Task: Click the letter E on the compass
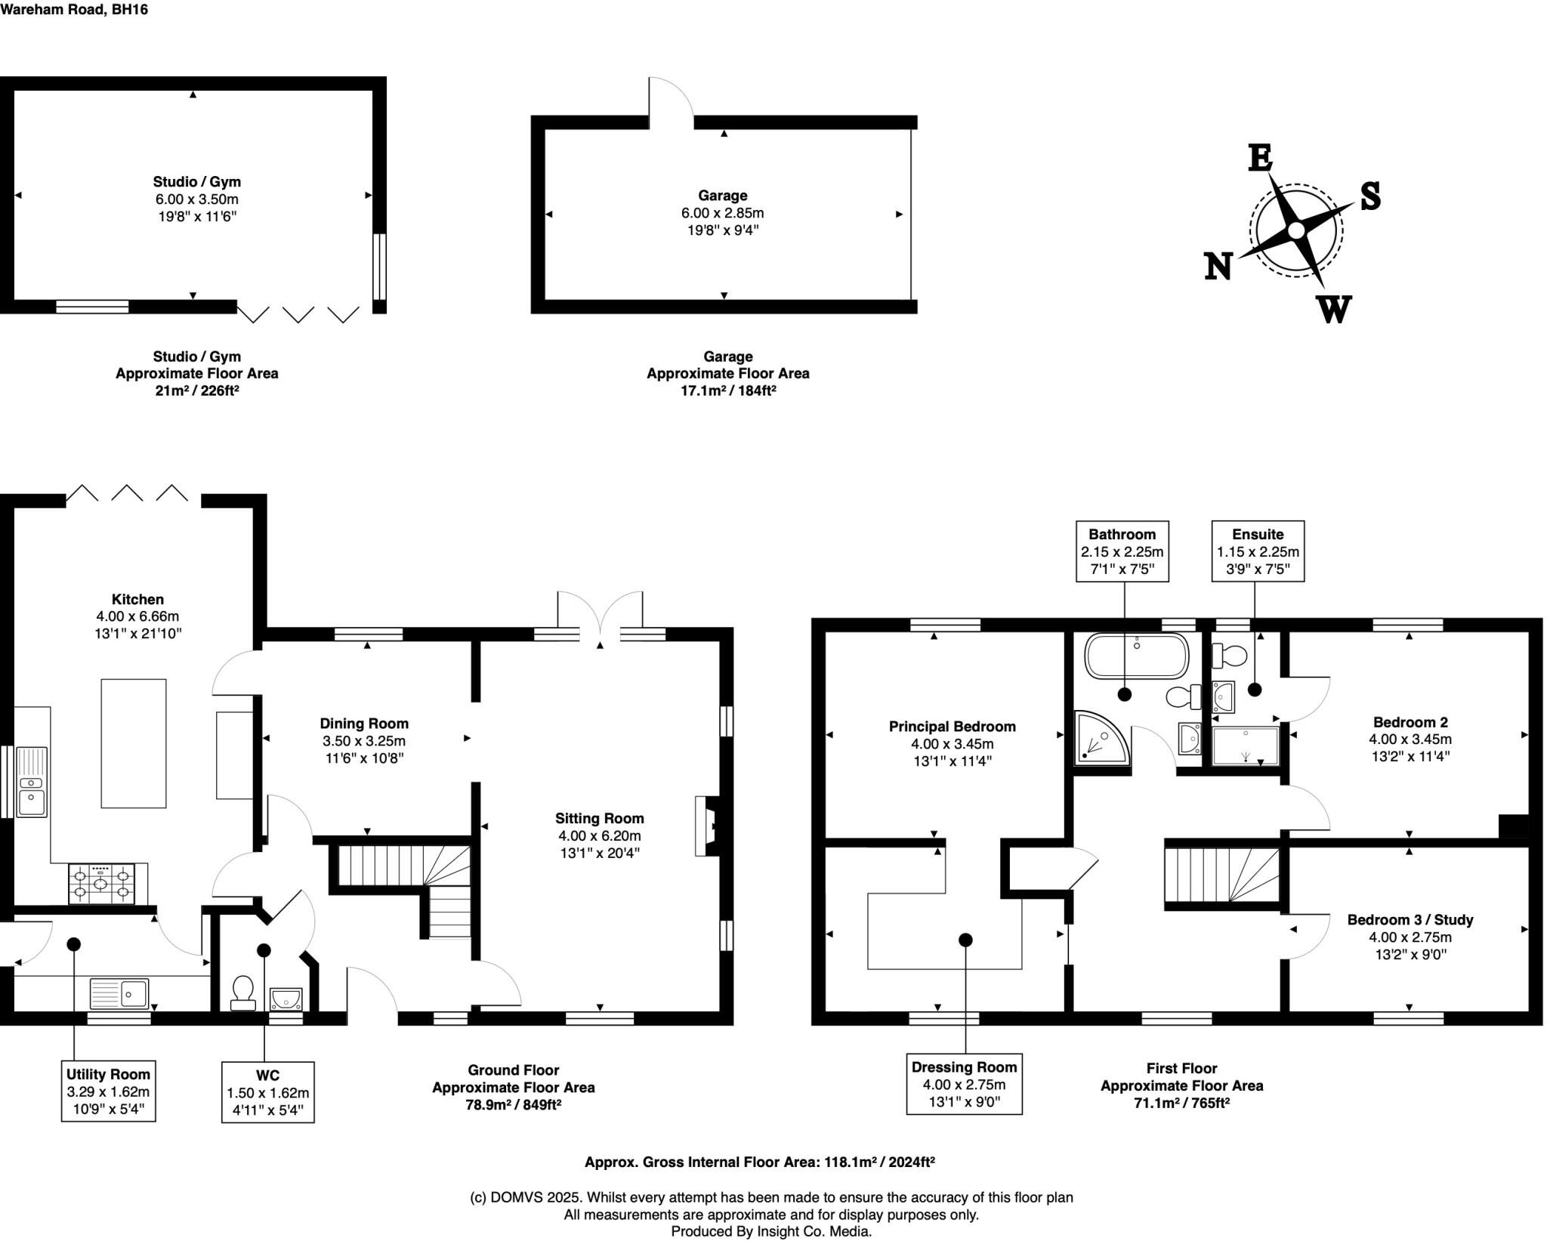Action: pos(1259,158)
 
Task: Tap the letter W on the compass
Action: pos(1334,309)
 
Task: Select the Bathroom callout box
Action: pos(1122,551)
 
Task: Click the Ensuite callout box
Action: pos(1258,551)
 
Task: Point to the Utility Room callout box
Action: pos(108,1091)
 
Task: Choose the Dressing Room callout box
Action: pos(964,1084)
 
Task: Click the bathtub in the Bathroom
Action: pos(1136,656)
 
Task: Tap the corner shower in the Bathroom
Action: pos(1101,737)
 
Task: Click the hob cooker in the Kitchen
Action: pos(101,884)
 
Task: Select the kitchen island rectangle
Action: pos(134,743)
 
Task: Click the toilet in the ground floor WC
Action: pos(242,992)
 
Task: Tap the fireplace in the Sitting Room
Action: pos(706,826)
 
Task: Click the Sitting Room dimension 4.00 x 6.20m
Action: pos(599,836)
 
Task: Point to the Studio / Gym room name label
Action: pos(196,181)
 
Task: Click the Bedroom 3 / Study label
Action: pos(1410,920)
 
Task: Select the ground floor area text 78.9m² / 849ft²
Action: pos(513,1104)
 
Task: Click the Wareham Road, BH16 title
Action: pos(73,10)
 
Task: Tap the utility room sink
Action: pos(119,993)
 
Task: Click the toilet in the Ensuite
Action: pos(1228,656)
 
